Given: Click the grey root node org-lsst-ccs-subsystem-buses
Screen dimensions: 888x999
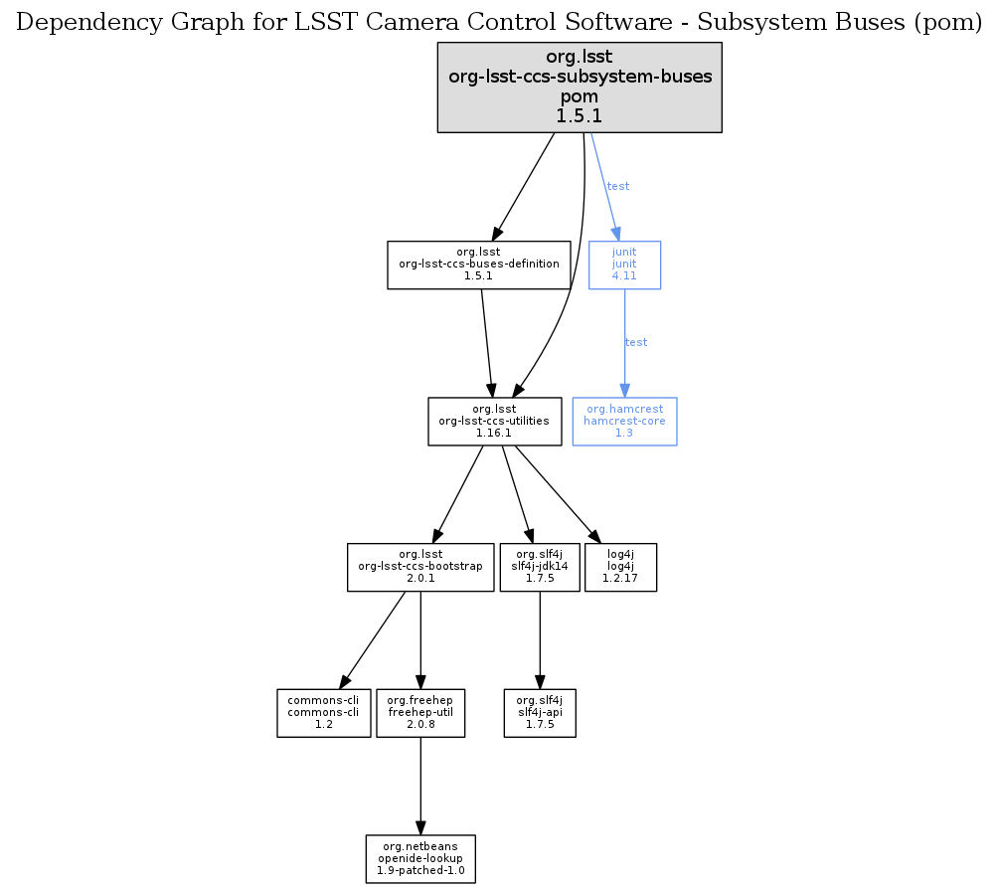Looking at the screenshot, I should coord(580,87).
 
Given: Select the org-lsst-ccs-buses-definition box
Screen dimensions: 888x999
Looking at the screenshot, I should coord(478,265).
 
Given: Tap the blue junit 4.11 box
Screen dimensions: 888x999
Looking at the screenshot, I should coord(624,265).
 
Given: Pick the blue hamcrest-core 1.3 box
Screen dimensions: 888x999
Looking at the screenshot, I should coord(624,422).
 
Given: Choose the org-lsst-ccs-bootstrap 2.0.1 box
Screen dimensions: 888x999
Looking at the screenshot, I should coord(420,567).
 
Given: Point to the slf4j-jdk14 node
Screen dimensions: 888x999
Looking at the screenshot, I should coord(539,567).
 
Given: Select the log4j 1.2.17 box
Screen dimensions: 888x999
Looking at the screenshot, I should coord(621,567).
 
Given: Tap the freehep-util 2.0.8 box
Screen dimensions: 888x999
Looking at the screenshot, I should coord(420,713).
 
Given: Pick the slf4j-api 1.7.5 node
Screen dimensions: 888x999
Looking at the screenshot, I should coord(539,713).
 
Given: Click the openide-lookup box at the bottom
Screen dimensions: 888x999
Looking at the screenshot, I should coord(420,859).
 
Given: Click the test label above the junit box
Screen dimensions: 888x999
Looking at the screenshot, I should coord(618,186).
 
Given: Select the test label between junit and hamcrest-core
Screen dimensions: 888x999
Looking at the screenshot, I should coord(636,342).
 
